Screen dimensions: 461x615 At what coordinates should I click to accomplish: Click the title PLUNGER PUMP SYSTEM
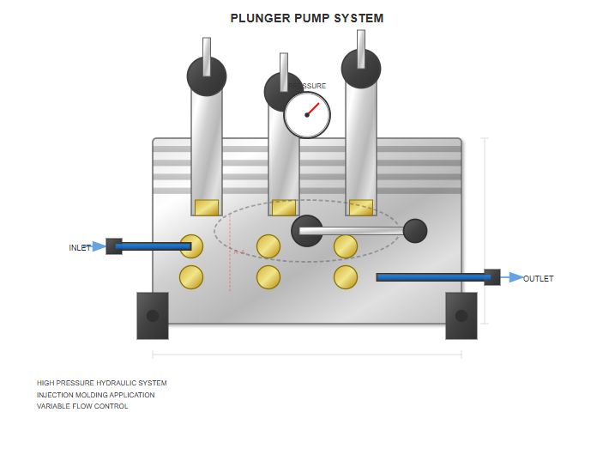click(307, 18)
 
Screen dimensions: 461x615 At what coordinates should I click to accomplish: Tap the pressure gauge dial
click(307, 115)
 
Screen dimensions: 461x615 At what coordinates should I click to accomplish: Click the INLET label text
click(80, 248)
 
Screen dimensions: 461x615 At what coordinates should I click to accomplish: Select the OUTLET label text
click(539, 279)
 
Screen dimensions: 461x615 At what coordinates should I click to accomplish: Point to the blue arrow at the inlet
click(99, 246)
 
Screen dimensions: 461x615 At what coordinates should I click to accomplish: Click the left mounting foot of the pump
click(153, 316)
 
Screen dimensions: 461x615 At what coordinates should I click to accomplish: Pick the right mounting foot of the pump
click(461, 316)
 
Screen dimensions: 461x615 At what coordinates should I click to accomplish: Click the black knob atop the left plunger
click(207, 76)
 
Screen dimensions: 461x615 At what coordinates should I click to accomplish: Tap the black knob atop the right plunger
click(361, 68)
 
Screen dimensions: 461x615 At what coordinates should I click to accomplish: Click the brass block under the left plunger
click(207, 208)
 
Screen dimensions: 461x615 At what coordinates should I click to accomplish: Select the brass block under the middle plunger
click(284, 208)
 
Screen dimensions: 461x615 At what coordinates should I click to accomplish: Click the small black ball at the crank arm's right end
click(415, 231)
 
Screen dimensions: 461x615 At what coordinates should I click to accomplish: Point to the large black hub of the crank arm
click(307, 231)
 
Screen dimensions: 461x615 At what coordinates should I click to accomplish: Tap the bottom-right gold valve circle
click(346, 277)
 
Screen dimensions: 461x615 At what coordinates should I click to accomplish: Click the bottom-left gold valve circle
click(191, 277)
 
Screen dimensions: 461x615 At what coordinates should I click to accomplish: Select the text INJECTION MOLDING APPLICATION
click(96, 395)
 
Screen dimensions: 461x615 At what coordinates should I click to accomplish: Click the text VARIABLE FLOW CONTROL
click(82, 406)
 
